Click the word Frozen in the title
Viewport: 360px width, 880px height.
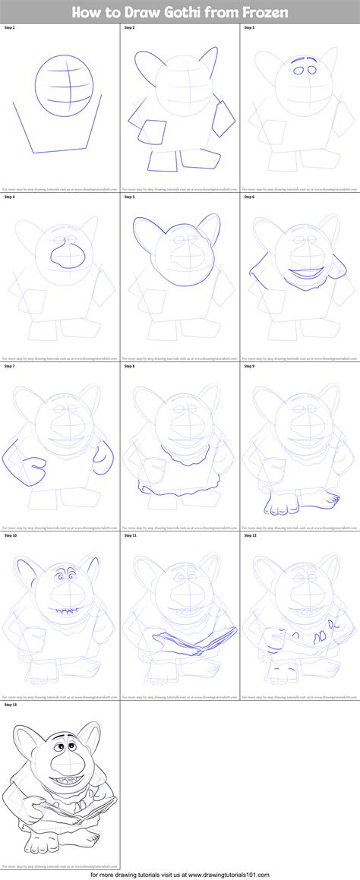pyautogui.click(x=263, y=11)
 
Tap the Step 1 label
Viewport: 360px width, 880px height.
pyautogui.click(x=10, y=27)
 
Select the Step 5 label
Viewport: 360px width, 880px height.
pyautogui.click(x=130, y=197)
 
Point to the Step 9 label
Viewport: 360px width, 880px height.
pyautogui.click(x=250, y=366)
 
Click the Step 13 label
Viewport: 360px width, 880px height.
pyautogui.click(x=11, y=705)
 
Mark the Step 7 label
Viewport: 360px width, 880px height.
pyautogui.click(x=10, y=366)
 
